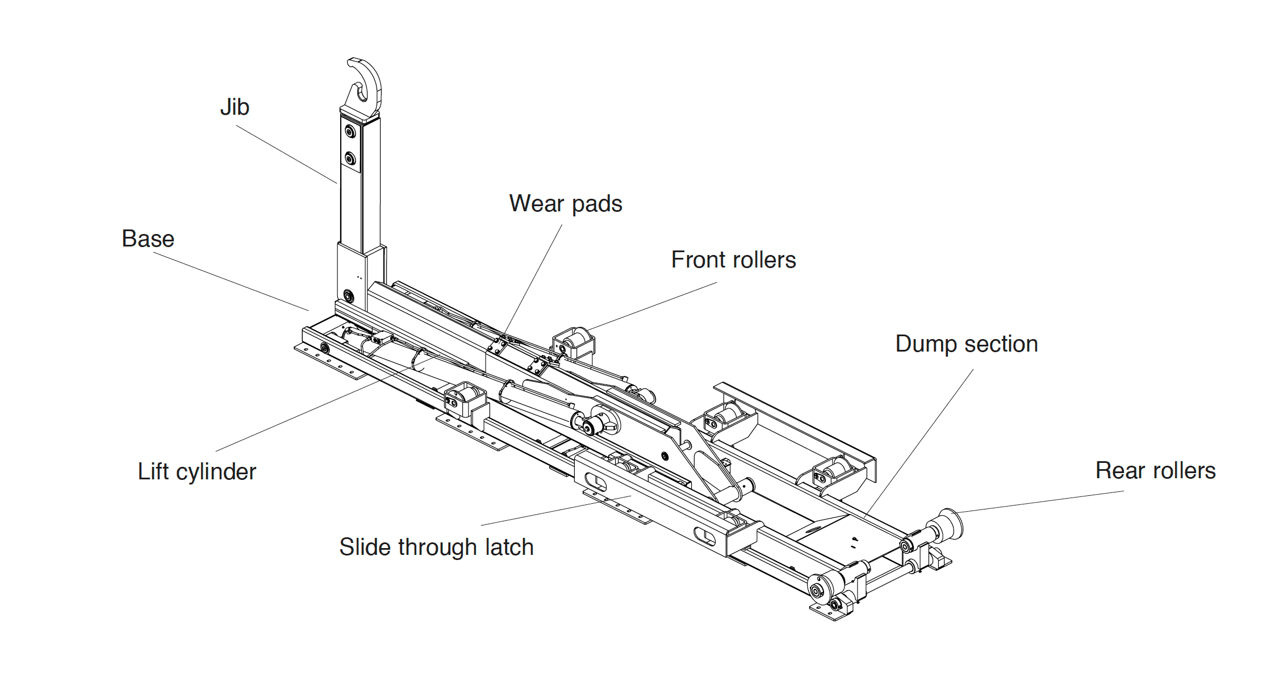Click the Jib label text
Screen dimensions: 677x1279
[235, 107]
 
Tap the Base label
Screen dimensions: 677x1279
[148, 239]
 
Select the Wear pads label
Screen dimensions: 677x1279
[565, 204]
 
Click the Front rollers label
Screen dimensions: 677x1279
[733, 260]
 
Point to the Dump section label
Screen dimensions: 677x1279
[966, 344]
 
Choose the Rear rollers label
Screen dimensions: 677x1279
[1155, 471]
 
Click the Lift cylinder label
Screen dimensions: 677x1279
[197, 472]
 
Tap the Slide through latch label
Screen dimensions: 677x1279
[436, 548]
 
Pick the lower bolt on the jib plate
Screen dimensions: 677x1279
[350, 158]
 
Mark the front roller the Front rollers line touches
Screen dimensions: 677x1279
[575, 341]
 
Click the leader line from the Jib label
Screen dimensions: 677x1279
[286, 154]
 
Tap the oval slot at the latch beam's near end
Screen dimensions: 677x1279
[705, 536]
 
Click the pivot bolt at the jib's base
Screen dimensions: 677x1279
[349, 296]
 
